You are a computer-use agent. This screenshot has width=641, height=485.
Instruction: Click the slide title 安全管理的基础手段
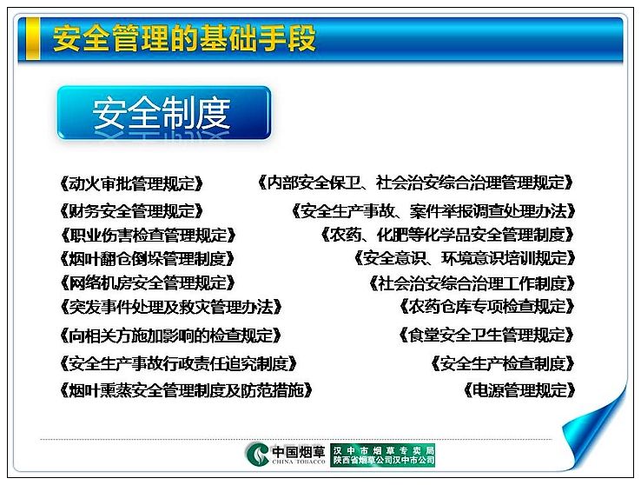(x=184, y=38)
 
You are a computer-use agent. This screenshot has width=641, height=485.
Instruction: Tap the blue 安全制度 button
(x=164, y=112)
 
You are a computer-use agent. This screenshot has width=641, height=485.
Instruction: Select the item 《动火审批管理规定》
(x=131, y=183)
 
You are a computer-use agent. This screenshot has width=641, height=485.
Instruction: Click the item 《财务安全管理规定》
(x=131, y=211)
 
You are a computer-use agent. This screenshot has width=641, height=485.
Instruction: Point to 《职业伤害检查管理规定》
(x=148, y=236)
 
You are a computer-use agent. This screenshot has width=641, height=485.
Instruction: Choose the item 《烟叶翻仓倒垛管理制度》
(x=147, y=259)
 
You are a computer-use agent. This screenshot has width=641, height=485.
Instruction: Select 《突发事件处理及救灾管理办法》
(x=171, y=307)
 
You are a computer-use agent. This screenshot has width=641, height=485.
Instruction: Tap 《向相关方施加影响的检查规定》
(x=170, y=336)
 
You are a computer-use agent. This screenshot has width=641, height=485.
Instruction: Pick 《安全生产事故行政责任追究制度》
(x=178, y=363)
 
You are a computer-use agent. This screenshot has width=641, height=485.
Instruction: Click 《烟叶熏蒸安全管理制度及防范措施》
(x=186, y=390)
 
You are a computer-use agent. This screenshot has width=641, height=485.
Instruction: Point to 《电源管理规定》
(x=519, y=390)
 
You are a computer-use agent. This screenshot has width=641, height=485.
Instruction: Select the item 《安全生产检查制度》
(x=503, y=363)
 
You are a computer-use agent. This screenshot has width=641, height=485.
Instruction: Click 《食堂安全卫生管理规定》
(x=486, y=335)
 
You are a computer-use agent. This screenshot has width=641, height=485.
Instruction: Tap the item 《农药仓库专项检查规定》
(x=487, y=306)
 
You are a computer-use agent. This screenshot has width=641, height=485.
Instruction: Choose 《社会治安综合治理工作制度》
(x=472, y=283)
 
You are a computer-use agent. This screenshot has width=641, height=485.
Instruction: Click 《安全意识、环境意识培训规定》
(x=465, y=258)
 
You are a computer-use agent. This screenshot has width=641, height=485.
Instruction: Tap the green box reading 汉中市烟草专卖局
(x=383, y=455)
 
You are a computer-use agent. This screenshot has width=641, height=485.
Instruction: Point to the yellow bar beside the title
(x=33, y=39)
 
